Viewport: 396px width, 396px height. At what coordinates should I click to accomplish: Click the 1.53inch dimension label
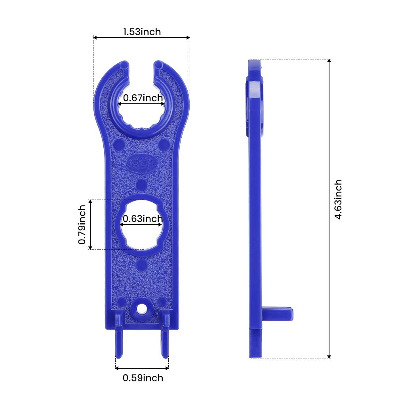pos(142,32)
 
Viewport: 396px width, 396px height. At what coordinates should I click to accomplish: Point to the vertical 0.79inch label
pos(82,225)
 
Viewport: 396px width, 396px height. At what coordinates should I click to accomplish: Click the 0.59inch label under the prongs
pos(143,378)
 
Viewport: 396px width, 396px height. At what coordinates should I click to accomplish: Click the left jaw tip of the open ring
pos(124,65)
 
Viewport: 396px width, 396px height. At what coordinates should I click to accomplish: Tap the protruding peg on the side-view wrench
pos(279,314)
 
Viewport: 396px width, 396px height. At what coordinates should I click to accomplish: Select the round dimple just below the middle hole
pos(141,265)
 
